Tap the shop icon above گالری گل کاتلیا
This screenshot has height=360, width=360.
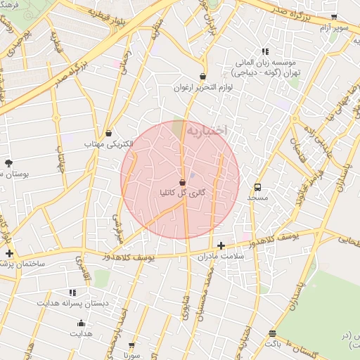pos(183,181)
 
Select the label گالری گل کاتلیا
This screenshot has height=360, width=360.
pos(183,191)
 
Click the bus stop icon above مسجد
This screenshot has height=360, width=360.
pos(258,188)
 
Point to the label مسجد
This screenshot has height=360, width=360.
pos(258,198)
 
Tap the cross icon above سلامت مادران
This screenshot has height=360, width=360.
pos(221,245)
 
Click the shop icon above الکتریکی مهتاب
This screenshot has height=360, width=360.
pos(109,133)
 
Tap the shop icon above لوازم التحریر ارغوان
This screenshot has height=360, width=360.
pos(203,77)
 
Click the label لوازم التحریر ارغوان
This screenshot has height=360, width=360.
pos(204,88)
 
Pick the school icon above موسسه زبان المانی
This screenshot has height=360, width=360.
pos(265,51)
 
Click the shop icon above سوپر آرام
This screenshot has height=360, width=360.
pos(334,17)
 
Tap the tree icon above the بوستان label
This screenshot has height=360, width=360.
pos(8,162)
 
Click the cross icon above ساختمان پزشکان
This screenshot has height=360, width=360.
pos(8,252)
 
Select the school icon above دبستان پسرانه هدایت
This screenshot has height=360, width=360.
pos(72,292)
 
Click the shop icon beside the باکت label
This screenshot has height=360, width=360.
pos(272,334)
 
